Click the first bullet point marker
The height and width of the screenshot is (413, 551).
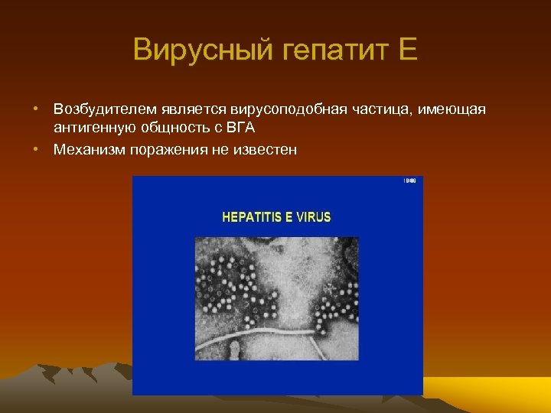36,110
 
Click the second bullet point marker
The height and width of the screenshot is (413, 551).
36,150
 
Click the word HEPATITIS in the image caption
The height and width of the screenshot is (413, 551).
250,216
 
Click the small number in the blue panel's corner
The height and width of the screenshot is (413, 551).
409,181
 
